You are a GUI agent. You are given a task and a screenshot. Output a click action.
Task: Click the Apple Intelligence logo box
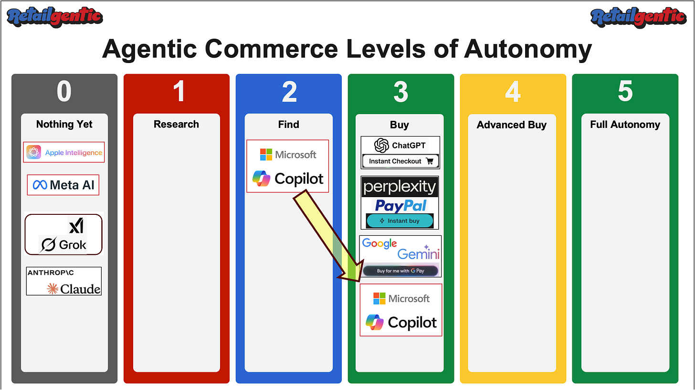(64, 152)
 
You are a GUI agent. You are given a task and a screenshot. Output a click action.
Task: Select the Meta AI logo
(63, 185)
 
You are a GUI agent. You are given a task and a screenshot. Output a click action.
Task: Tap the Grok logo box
(63, 234)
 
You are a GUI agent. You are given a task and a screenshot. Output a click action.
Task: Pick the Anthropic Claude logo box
(64, 281)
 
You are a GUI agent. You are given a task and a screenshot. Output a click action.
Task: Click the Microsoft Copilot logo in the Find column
(288, 166)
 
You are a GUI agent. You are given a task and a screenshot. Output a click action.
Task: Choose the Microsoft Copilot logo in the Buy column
(401, 310)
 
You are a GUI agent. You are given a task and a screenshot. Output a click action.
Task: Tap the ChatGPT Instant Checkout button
(400, 161)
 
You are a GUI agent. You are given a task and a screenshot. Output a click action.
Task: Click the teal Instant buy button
(400, 221)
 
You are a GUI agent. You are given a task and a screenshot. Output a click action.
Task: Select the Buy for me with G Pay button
(400, 271)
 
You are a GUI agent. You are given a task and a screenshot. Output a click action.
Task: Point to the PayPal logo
(400, 205)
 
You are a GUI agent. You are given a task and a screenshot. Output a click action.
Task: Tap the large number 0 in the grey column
(64, 91)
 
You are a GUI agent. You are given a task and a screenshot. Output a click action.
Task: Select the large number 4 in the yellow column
(513, 91)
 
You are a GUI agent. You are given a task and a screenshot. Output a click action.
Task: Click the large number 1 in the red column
(179, 91)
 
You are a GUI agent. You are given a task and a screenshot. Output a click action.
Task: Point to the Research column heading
(176, 124)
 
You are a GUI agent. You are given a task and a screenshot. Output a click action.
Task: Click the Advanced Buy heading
(512, 125)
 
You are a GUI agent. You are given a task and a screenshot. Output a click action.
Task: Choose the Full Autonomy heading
(625, 125)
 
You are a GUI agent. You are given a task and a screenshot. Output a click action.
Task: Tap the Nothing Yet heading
(64, 124)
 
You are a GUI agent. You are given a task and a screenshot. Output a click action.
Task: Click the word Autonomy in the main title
(527, 49)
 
